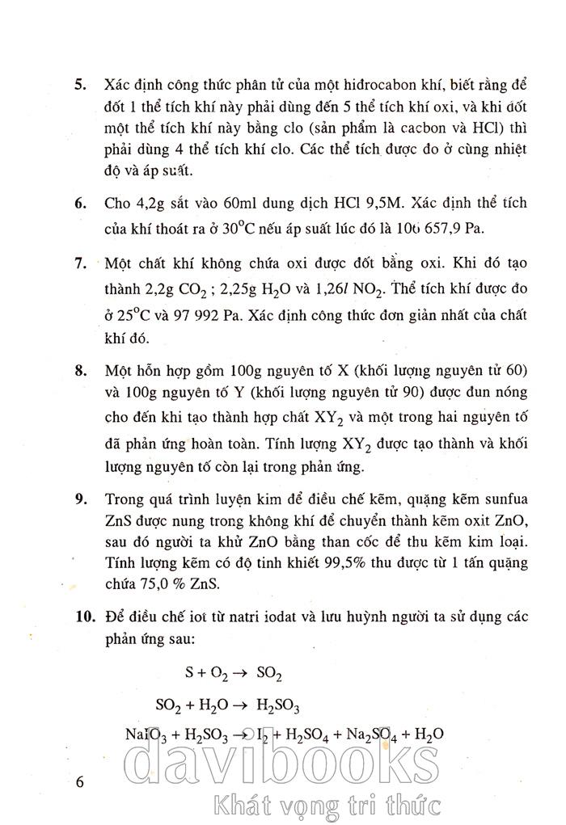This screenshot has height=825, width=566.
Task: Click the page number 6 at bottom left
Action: coord(78,782)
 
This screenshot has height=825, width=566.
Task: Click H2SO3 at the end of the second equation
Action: coord(277,705)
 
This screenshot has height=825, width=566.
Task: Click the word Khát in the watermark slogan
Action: coord(239,804)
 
